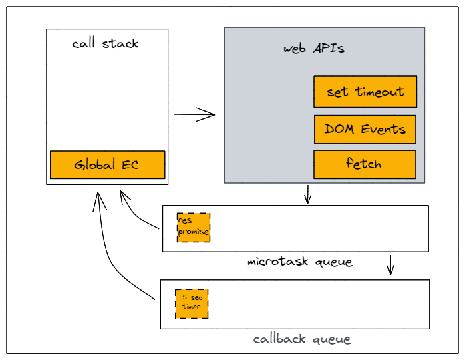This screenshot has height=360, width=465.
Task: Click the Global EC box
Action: click(107, 164)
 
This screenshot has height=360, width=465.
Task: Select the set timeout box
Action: click(365, 92)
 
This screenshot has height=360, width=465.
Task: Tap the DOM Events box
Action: click(365, 129)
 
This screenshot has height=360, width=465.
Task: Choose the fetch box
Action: click(365, 164)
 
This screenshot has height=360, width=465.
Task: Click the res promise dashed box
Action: click(194, 227)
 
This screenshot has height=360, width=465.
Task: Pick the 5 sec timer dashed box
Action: click(192, 303)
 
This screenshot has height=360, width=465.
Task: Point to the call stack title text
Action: click(106, 44)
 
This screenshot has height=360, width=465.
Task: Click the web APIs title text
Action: click(314, 49)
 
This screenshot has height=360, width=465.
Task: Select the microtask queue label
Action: click(299, 262)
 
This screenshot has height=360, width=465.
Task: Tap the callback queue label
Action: click(301, 339)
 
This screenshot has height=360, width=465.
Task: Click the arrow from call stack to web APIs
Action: click(195, 114)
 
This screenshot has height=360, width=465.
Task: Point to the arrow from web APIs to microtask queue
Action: click(307, 195)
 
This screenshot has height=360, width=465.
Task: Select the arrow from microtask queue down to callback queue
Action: click(391, 265)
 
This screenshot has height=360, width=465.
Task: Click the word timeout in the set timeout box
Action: click(379, 92)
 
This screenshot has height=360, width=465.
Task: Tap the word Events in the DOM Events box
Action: click(383, 129)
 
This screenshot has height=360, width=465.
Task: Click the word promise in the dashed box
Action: click(194, 232)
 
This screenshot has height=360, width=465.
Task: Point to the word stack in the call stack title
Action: click(120, 44)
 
